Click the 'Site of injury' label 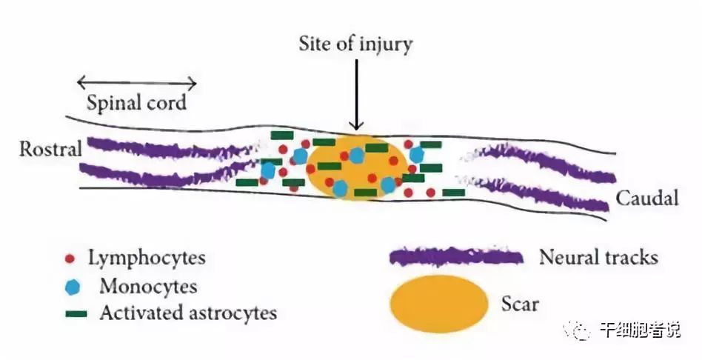355,44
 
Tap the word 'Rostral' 50,149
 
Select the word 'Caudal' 646,199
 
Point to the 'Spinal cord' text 136,102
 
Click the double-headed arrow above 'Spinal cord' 137,83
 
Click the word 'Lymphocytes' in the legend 147,259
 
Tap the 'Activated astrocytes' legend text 188,313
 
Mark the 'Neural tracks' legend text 598,258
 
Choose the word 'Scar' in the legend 519,303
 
